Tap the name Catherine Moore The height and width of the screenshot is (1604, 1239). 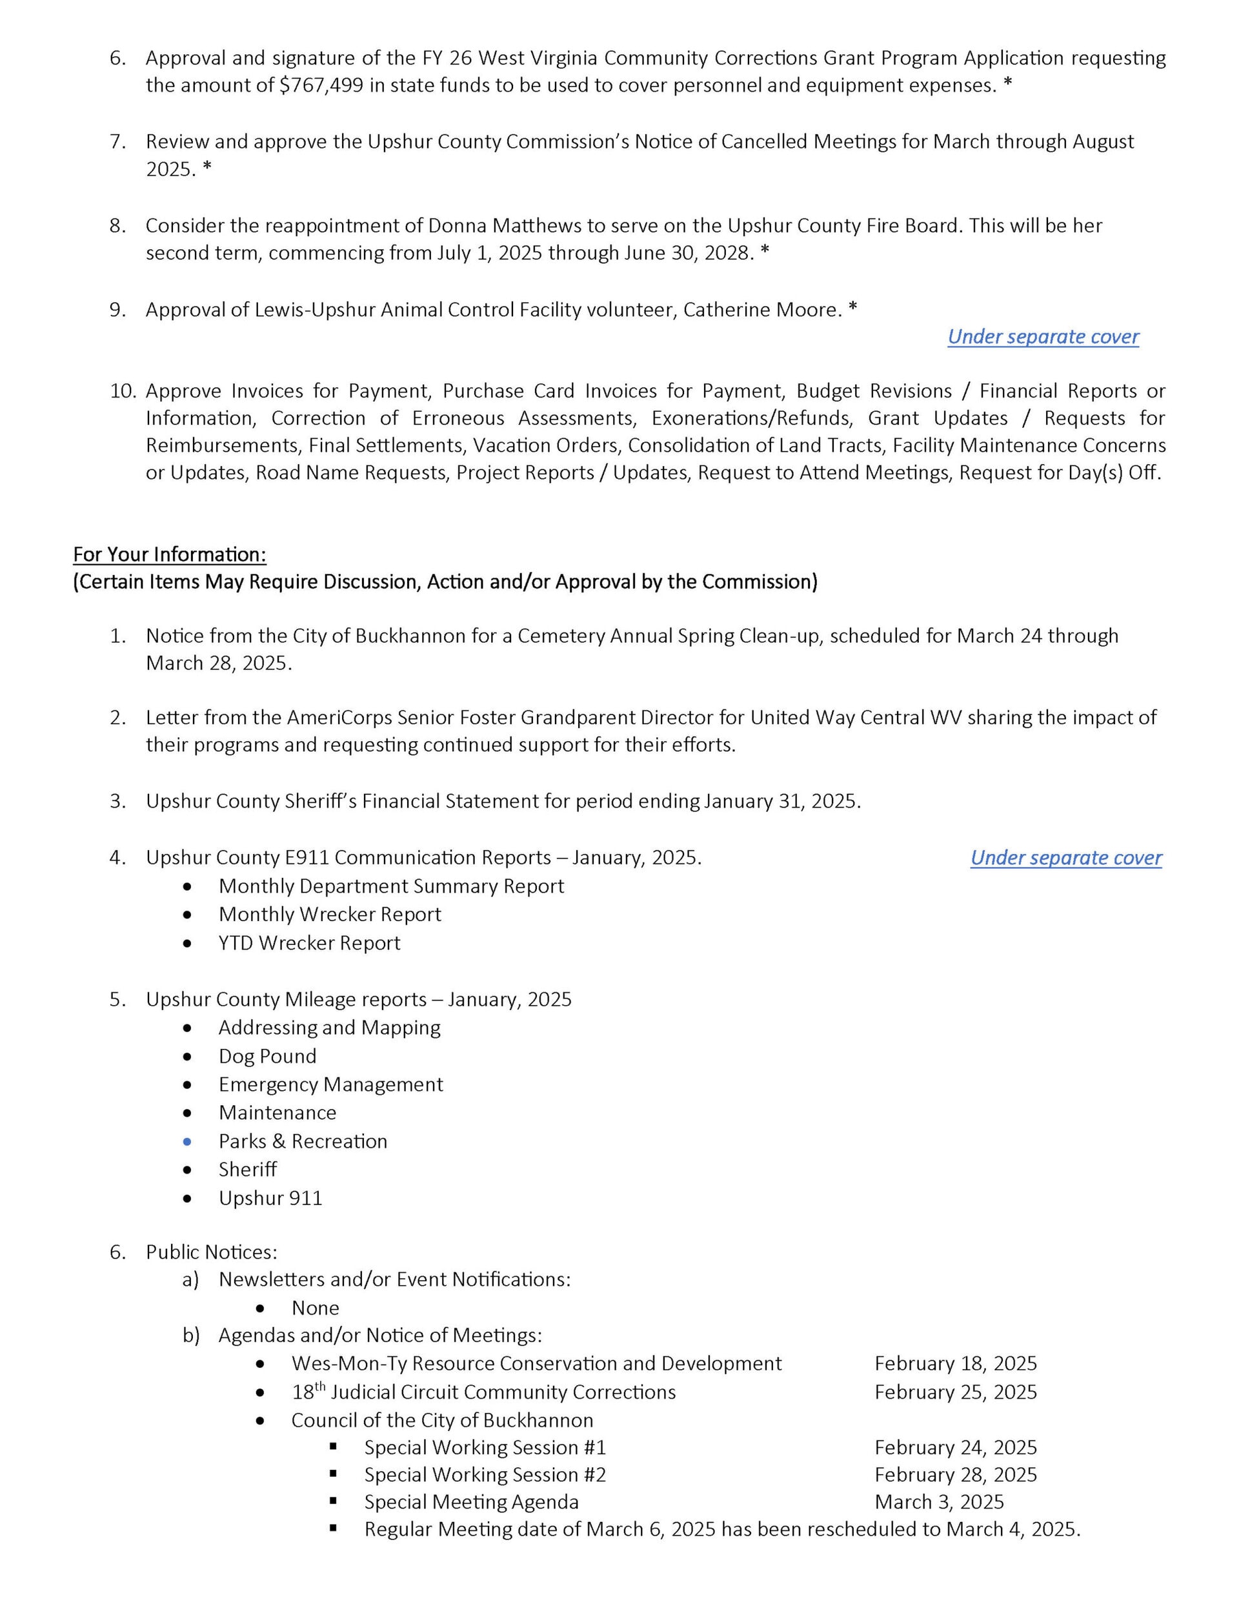(761, 310)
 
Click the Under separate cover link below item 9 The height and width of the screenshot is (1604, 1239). (1043, 336)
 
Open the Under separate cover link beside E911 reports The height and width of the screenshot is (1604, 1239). (1065, 858)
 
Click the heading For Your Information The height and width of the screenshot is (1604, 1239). (170, 554)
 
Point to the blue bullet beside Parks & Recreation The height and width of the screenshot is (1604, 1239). (188, 1141)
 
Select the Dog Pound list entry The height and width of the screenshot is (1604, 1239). (267, 1056)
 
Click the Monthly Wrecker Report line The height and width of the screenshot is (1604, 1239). (330, 915)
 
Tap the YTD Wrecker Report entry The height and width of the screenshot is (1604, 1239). (309, 943)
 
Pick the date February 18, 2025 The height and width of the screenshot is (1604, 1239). (956, 1364)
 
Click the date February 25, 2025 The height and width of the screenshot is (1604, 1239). (956, 1392)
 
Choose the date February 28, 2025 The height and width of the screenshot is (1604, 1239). (956, 1475)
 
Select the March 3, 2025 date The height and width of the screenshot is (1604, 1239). (939, 1502)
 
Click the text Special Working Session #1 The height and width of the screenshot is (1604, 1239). (485, 1448)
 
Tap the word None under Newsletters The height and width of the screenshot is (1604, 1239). (315, 1308)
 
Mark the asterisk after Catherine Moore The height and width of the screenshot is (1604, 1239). (852, 309)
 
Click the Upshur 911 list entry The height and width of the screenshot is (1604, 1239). (270, 1199)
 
